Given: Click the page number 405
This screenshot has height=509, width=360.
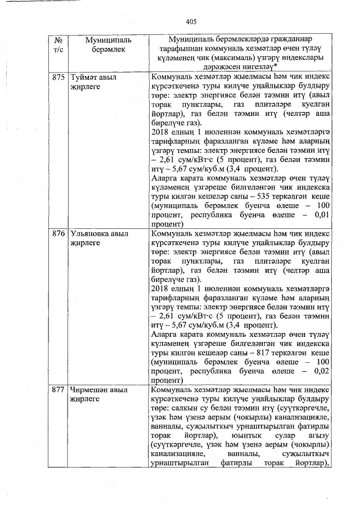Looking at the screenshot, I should pyautogui.click(x=191, y=22).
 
